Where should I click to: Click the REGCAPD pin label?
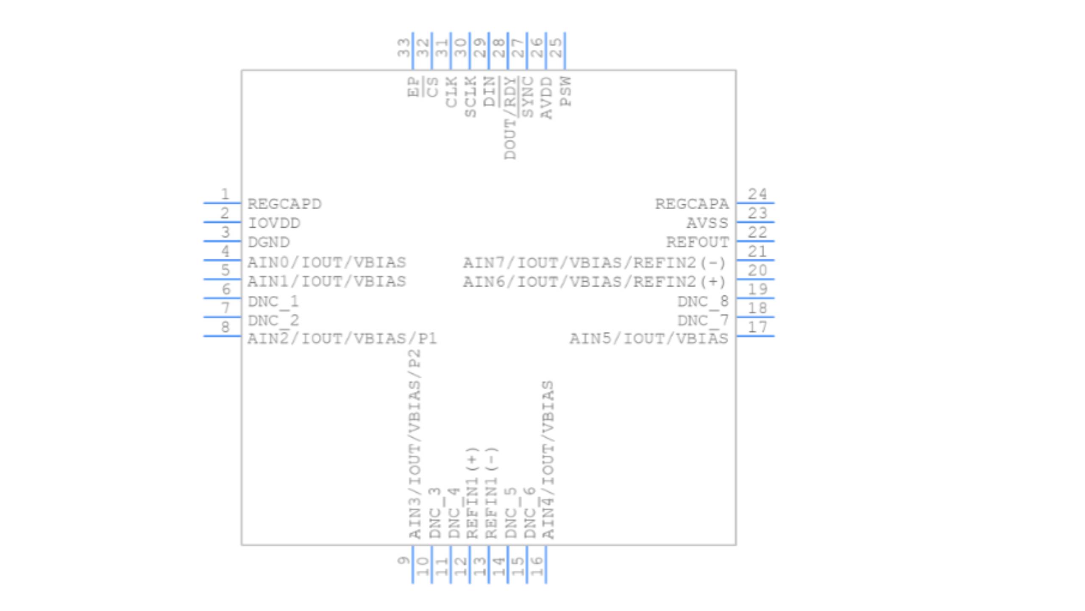click(x=284, y=204)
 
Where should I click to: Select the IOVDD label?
click(x=274, y=223)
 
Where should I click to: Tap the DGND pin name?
click(x=269, y=242)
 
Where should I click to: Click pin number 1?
click(x=225, y=194)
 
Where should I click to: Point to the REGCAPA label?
click(x=692, y=204)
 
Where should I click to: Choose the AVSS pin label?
click(x=707, y=223)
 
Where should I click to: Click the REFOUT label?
click(x=697, y=242)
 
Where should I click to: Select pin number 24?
click(x=757, y=194)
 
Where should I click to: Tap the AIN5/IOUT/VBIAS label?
click(x=648, y=339)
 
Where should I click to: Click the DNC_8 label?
click(x=703, y=302)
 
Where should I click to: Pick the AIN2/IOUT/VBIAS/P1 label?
click(x=342, y=339)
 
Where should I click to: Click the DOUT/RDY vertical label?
click(x=510, y=118)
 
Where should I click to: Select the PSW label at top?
click(x=565, y=91)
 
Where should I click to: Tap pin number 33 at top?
click(x=403, y=48)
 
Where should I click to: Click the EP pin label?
click(x=413, y=87)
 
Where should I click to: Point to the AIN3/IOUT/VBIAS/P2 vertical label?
click(x=415, y=444)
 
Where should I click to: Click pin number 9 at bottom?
click(x=403, y=561)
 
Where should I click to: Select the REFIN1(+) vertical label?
click(x=472, y=493)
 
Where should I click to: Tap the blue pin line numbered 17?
click(x=755, y=336)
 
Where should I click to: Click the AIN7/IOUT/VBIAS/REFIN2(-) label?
click(x=594, y=263)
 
